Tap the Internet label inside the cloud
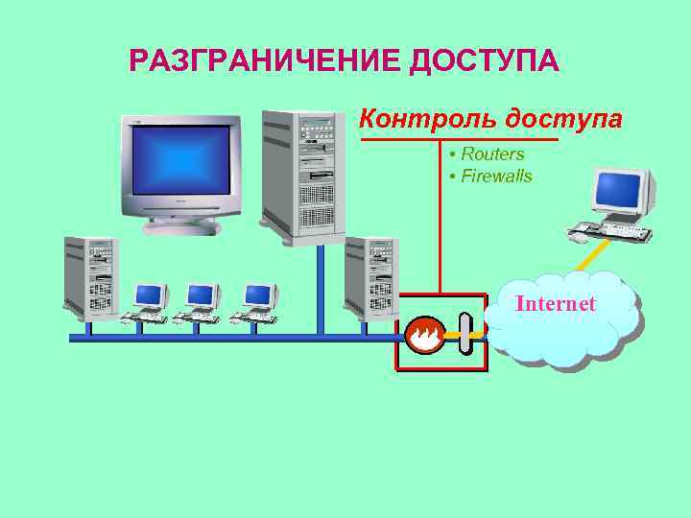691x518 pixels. (x=555, y=304)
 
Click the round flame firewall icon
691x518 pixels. (x=422, y=335)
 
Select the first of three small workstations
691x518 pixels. (x=147, y=303)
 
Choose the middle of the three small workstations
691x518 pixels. (x=201, y=303)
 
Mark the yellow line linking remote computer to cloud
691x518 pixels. (x=593, y=256)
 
